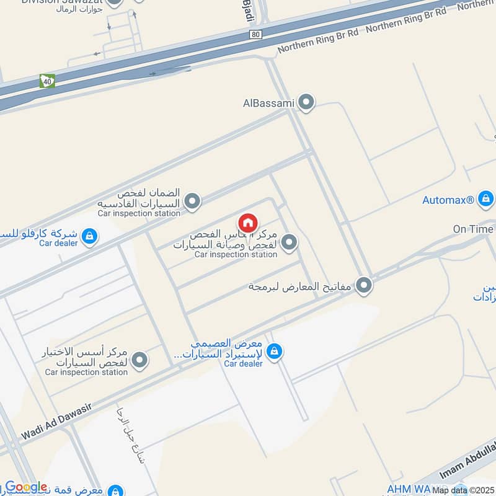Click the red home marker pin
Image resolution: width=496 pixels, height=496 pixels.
(247, 223)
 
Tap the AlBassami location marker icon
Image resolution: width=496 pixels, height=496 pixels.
(306, 103)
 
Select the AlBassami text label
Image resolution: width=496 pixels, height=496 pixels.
(268, 104)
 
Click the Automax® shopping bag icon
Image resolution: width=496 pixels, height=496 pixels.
(486, 200)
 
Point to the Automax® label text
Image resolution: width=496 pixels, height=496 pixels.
(448, 200)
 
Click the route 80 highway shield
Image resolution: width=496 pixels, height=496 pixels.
(256, 35)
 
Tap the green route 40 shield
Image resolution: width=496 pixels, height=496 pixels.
(47, 81)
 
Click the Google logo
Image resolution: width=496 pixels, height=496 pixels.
(26, 487)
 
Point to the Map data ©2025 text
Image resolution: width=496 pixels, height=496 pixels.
(463, 490)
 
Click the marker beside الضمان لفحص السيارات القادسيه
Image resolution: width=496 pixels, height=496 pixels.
(193, 201)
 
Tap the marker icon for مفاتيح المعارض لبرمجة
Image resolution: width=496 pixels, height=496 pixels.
(365, 285)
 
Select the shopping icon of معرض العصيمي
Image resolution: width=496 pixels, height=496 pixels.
(274, 352)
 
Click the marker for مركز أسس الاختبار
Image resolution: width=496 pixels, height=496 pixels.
(140, 360)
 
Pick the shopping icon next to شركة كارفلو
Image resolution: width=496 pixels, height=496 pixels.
(90, 236)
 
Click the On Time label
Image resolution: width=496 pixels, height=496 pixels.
(473, 229)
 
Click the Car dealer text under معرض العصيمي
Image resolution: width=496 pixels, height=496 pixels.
(243, 363)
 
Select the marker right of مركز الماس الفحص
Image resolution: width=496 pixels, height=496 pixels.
(288, 243)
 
